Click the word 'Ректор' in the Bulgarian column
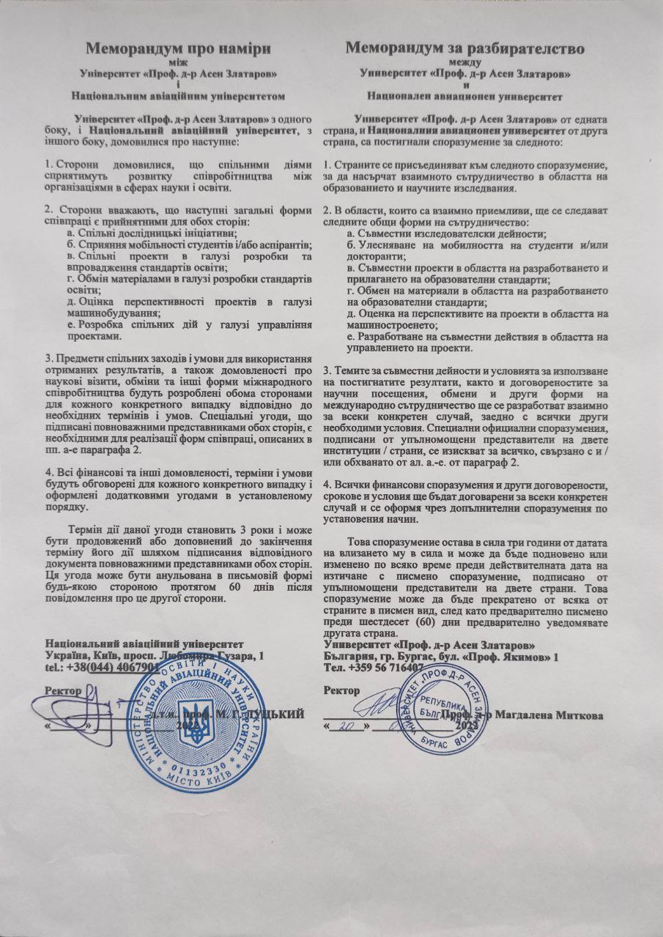[x=342, y=690]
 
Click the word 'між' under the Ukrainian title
[x=179, y=64]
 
